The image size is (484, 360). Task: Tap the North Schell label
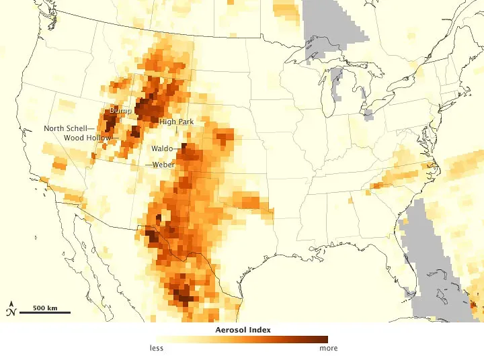pyautogui.click(x=65, y=128)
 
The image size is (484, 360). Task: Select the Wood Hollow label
pyautogui.click(x=87, y=138)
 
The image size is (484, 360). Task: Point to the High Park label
pyautogui.click(x=176, y=122)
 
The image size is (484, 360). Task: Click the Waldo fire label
pyautogui.click(x=161, y=148)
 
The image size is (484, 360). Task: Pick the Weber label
pyautogui.click(x=164, y=165)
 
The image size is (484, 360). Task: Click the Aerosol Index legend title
pyautogui.click(x=241, y=330)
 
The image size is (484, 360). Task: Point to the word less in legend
pyautogui.click(x=156, y=348)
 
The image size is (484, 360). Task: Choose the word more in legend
pyautogui.click(x=328, y=348)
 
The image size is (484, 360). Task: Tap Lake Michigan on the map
pyautogui.click(x=329, y=94)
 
